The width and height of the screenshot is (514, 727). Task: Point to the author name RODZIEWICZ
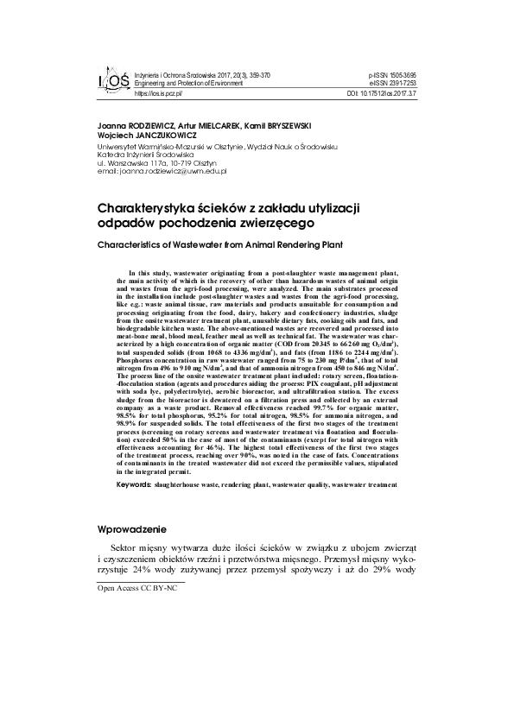(146, 126)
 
